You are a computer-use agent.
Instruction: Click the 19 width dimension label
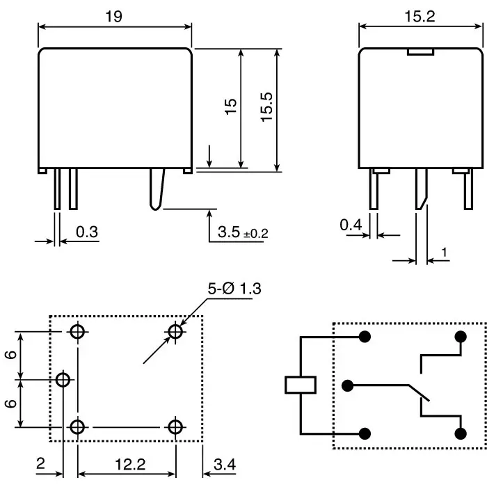pyautogui.click(x=114, y=17)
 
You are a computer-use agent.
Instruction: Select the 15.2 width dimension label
pyautogui.click(x=420, y=17)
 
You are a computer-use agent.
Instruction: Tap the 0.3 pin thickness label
pyautogui.click(x=87, y=232)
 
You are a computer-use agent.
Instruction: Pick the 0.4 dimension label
pyautogui.click(x=351, y=225)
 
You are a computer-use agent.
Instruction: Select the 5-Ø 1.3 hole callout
pyautogui.click(x=234, y=289)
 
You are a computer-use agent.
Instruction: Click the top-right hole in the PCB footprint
pyautogui.click(x=176, y=332)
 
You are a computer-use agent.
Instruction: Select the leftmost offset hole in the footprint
pyautogui.click(x=63, y=380)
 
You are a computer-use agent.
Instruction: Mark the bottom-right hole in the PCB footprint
pyautogui.click(x=176, y=426)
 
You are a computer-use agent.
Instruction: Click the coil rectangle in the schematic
pyautogui.click(x=301, y=385)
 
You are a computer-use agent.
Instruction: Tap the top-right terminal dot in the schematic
pyautogui.click(x=459, y=337)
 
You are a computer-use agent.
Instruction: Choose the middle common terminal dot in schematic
pyautogui.click(x=348, y=385)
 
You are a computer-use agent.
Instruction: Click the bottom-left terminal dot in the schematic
pyautogui.click(x=363, y=433)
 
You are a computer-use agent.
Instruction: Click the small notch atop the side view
pyautogui.click(x=420, y=51)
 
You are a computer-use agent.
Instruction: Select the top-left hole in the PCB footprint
pyautogui.click(x=78, y=332)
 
